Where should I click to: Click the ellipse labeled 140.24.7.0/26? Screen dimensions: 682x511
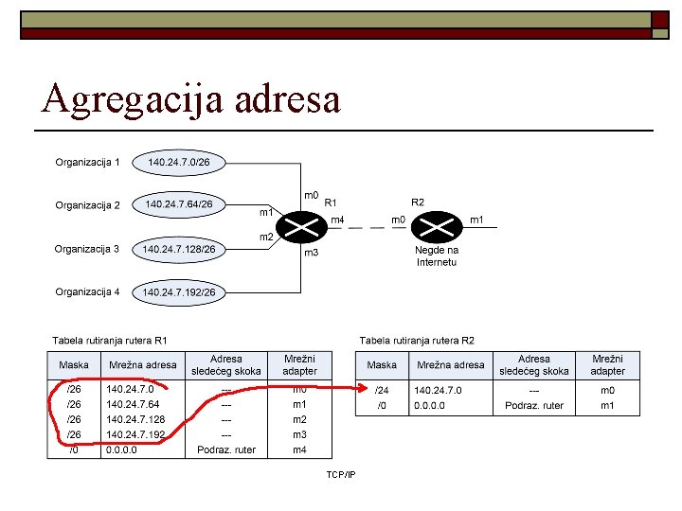tap(186, 163)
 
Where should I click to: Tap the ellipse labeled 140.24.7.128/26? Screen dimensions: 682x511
tap(179, 250)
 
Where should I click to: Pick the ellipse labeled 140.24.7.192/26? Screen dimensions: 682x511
tap(179, 292)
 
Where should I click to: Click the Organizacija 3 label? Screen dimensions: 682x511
tap(87, 250)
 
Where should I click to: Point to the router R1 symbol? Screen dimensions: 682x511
tap(303, 226)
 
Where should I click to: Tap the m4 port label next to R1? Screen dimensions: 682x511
tap(337, 220)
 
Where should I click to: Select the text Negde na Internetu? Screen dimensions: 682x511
tap(437, 255)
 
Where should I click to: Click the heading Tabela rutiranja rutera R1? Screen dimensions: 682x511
tap(109, 339)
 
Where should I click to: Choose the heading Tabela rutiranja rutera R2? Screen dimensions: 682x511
tap(416, 339)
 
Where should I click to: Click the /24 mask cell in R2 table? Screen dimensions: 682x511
tap(382, 390)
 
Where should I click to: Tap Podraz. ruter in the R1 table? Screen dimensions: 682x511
tap(225, 449)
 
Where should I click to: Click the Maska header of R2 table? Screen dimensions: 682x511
tap(382, 365)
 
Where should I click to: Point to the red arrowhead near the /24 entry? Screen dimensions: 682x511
tap(362, 387)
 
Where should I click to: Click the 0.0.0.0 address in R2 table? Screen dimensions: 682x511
tap(433, 405)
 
